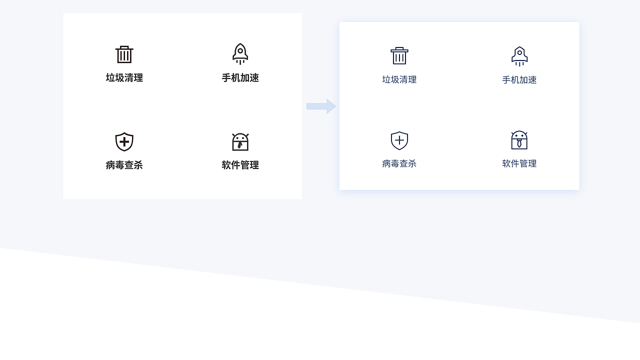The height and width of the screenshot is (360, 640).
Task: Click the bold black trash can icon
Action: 124,54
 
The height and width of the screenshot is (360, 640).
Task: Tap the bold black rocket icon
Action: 240,53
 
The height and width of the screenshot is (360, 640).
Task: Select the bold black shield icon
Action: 124,141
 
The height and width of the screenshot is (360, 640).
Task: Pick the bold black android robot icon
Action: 240,142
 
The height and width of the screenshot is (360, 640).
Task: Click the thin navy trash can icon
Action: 399,55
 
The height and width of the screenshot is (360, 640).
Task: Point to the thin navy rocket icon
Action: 519,56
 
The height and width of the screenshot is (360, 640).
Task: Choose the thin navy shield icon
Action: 399,140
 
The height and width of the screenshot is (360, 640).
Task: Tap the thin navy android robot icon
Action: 519,140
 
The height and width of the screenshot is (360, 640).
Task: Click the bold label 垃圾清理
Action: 124,78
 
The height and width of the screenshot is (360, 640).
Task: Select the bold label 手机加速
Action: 240,78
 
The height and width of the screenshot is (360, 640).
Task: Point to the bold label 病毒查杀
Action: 124,165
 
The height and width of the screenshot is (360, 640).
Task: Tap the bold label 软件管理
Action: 240,165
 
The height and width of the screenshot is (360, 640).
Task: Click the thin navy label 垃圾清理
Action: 399,79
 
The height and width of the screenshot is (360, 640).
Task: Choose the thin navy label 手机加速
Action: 519,80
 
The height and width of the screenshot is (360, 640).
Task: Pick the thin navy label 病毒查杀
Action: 399,163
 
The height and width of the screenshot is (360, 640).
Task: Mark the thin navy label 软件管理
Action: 519,163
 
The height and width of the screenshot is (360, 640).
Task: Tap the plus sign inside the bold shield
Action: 124,142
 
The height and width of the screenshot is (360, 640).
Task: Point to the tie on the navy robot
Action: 519,143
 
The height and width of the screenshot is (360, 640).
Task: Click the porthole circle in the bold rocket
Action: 240,50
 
